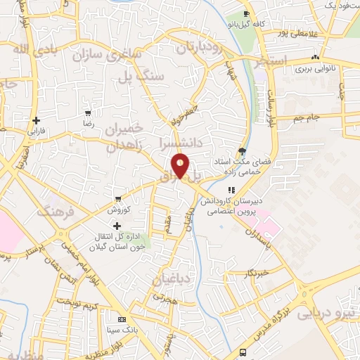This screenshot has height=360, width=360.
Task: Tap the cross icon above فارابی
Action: click(x=36, y=120)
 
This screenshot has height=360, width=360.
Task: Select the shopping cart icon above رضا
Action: click(x=88, y=112)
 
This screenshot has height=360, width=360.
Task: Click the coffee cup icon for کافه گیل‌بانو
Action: click(x=246, y=14)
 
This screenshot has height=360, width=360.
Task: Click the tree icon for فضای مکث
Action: click(x=243, y=150)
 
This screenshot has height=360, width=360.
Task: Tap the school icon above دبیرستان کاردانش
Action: click(x=229, y=190)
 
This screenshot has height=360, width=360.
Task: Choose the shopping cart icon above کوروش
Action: click(x=117, y=199)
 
